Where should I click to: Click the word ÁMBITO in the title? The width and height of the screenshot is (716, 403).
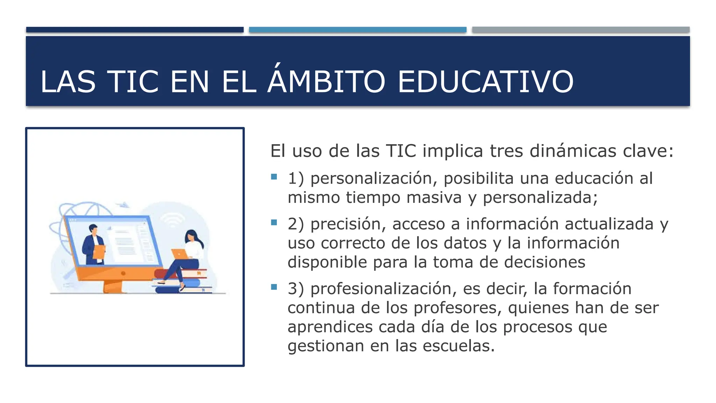(326, 82)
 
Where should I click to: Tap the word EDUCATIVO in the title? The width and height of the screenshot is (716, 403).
(486, 82)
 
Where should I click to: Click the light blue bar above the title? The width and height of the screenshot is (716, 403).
(358, 30)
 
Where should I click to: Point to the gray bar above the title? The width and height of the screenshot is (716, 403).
(581, 30)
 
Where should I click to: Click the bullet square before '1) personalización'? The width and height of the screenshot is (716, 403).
(274, 177)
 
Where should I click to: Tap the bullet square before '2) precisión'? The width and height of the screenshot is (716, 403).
(274, 222)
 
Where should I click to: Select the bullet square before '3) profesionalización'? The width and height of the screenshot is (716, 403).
(274, 287)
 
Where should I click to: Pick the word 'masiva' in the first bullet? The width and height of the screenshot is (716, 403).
(434, 197)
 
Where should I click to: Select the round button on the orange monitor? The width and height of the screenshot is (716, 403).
(123, 273)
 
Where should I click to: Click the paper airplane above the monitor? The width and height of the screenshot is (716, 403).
(123, 204)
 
